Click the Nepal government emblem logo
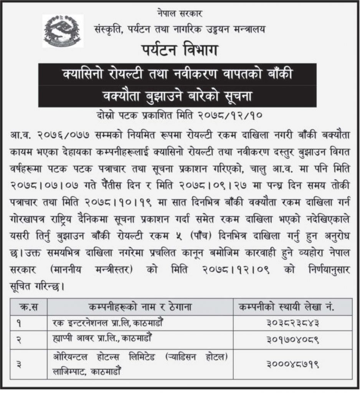(x=63, y=31)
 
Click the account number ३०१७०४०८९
(x=292, y=340)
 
